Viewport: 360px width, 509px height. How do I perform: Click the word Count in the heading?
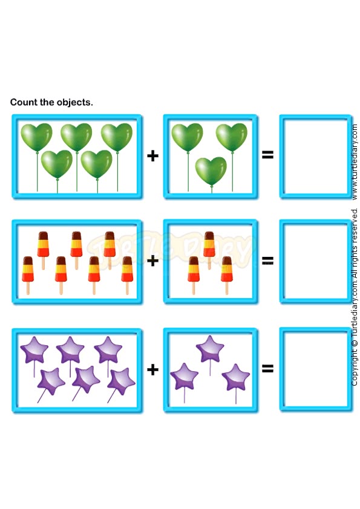point(24,102)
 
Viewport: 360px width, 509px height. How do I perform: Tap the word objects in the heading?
point(75,103)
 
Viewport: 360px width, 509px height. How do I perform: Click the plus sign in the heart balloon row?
point(152,156)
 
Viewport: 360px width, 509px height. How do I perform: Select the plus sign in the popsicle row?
point(152,261)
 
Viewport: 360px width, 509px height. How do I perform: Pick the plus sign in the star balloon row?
point(152,369)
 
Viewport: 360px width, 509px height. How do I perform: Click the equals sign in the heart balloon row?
point(267,155)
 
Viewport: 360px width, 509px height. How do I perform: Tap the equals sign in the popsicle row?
point(267,260)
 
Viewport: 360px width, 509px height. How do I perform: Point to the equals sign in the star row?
point(267,368)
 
